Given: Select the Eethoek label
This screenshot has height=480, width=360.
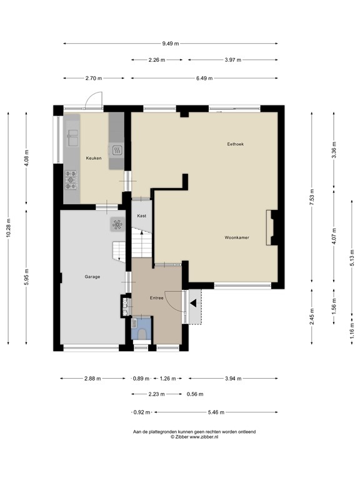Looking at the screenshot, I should (235, 144).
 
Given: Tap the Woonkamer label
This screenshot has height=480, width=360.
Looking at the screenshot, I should (237, 237).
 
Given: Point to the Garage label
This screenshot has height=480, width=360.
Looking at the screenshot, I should (92, 276).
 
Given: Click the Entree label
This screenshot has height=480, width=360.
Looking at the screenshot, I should (156, 297).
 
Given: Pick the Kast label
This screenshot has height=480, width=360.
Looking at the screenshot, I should (142, 216).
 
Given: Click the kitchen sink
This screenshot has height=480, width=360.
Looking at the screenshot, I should (71, 134).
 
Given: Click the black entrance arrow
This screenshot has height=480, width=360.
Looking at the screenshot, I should (194, 303).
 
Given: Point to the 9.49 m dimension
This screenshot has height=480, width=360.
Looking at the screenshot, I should (171, 43).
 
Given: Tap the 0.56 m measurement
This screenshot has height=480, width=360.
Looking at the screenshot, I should (195, 394).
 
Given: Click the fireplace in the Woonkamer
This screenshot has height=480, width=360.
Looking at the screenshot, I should (272, 227).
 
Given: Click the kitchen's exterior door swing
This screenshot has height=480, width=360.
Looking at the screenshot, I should (93, 100).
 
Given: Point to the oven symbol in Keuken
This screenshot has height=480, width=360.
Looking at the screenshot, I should (116, 150).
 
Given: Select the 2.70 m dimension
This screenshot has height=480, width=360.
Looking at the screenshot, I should (94, 78).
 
